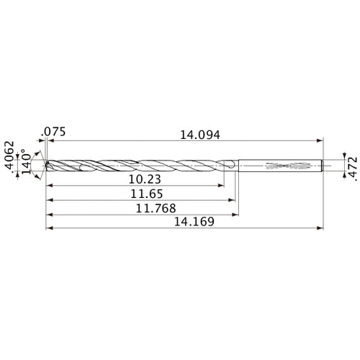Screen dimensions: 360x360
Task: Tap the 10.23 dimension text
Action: pyautogui.click(x=135, y=179)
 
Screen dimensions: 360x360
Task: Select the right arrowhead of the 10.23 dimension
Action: pyautogui.click(x=222, y=185)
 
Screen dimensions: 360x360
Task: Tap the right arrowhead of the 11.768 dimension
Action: pyautogui.click(x=237, y=214)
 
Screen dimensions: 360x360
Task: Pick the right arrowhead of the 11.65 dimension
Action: pyautogui.click(x=234, y=199)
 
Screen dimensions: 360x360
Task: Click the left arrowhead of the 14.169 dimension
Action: pyautogui.click(x=48, y=228)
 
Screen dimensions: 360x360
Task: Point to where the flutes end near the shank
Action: pyautogui.click(x=229, y=166)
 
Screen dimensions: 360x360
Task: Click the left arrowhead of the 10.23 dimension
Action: pyautogui.click(x=48, y=185)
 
